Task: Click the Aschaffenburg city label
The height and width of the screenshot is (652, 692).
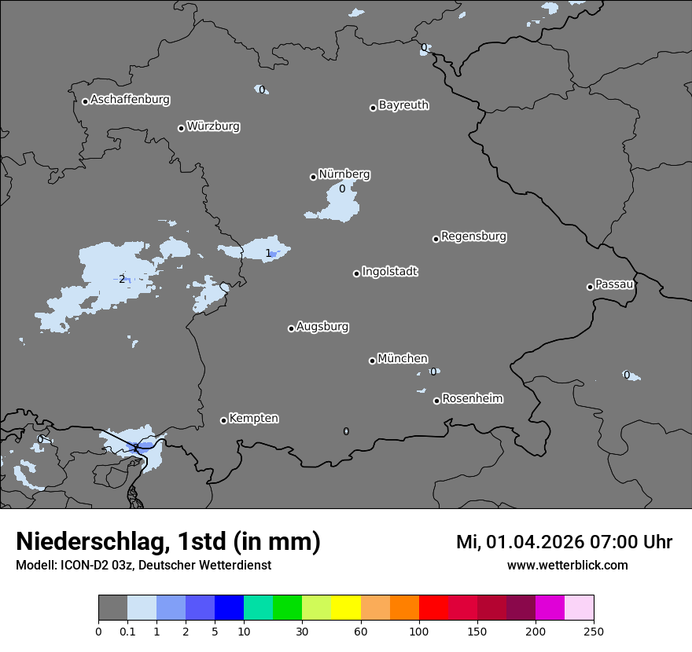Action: pyautogui.click(x=130, y=100)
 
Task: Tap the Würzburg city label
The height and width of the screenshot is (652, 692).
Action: pyautogui.click(x=213, y=126)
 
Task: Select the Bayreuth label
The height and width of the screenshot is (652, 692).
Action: pyautogui.click(x=403, y=105)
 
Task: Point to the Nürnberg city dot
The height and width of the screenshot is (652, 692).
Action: pyautogui.click(x=313, y=177)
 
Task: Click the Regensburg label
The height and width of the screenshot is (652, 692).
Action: pyautogui.click(x=473, y=236)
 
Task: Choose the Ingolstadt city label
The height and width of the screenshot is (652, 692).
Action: pyautogui.click(x=390, y=272)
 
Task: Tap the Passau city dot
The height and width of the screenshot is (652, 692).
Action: pyautogui.click(x=590, y=287)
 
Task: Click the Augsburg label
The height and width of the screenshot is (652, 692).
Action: pyautogui.click(x=322, y=327)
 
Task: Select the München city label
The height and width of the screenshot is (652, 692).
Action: pyautogui.click(x=403, y=359)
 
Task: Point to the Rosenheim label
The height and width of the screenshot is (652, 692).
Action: pyautogui.click(x=472, y=399)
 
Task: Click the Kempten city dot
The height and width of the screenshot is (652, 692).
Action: pyautogui.click(x=223, y=420)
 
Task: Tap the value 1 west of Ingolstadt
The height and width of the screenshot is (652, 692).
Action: pyautogui.click(x=268, y=253)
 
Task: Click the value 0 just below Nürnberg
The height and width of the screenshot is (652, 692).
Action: pyautogui.click(x=342, y=189)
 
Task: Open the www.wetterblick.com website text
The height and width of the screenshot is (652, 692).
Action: pyautogui.click(x=567, y=566)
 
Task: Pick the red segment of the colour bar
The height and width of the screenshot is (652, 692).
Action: pyautogui.click(x=433, y=608)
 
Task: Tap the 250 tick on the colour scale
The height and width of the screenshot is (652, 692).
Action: pyautogui.click(x=594, y=631)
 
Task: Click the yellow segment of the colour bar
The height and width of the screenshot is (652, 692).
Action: pyautogui.click(x=346, y=608)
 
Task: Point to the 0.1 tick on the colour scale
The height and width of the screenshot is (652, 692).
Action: pyautogui.click(x=127, y=631)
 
